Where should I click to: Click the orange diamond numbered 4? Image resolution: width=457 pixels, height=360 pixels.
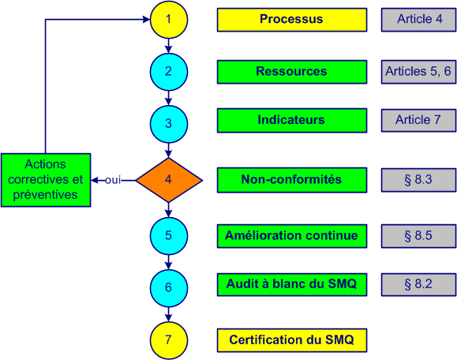pyautogui.click(x=169, y=179)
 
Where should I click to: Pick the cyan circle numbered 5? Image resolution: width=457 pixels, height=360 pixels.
pyautogui.click(x=169, y=234)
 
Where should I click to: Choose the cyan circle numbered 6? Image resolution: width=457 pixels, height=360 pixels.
pyautogui.click(x=169, y=287)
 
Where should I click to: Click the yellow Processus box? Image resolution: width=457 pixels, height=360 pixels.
pyautogui.click(x=291, y=20)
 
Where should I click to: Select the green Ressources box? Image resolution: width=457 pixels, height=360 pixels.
pyautogui.click(x=291, y=72)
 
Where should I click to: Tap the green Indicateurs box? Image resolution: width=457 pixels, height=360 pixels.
pyautogui.click(x=291, y=121)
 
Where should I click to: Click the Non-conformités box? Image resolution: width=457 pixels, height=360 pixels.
pyautogui.click(x=291, y=180)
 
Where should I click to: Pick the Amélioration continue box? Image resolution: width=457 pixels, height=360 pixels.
pyautogui.click(x=291, y=235)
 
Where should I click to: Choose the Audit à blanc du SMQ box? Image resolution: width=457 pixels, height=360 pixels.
pyautogui.click(x=291, y=284)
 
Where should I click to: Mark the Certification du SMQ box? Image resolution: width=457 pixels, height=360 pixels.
pyautogui.click(x=291, y=340)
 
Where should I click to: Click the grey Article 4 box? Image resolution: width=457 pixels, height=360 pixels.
pyautogui.click(x=418, y=20)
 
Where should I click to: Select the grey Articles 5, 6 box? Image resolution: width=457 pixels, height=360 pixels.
pyautogui.click(x=418, y=72)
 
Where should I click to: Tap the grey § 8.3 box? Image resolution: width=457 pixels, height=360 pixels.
pyautogui.click(x=418, y=180)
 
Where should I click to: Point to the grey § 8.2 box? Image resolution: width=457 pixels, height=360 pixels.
pyautogui.click(x=418, y=284)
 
